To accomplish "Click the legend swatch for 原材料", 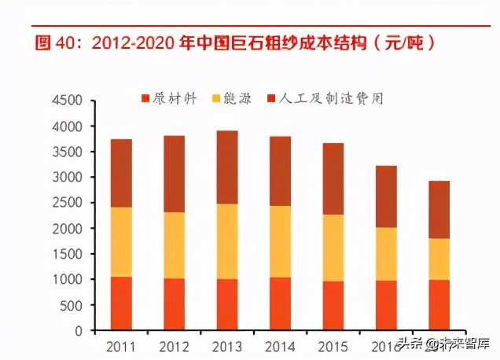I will [145, 99].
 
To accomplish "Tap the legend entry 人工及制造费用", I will [335, 99].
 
